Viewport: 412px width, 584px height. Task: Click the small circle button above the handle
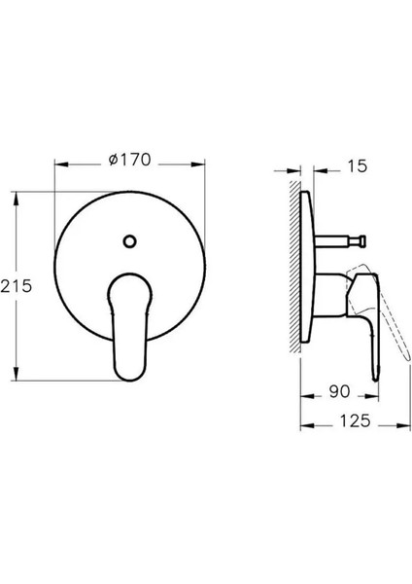coord(129,240)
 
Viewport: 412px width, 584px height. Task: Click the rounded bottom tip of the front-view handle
coord(129,377)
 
